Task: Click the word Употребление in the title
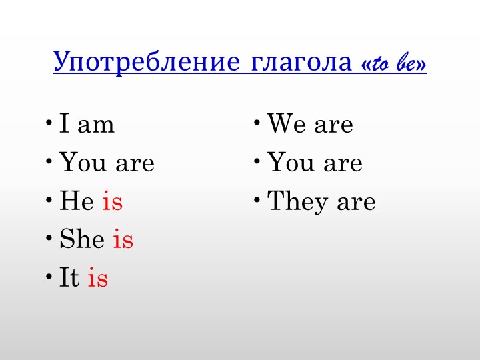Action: [146, 63]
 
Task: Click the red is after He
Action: [112, 201]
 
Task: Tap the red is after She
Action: [123, 240]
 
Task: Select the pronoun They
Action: [298, 201]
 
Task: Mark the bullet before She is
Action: [51, 237]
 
